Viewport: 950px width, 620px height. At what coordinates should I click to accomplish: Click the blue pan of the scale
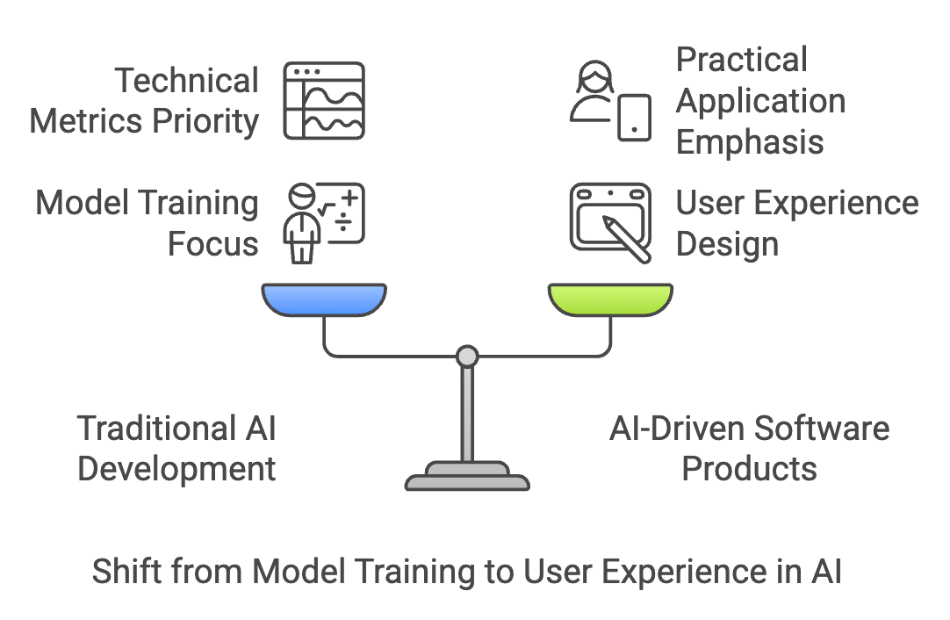point(324,299)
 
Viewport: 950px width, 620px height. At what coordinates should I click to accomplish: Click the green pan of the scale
point(610,299)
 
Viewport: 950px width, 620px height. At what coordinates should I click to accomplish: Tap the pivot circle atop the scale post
point(468,356)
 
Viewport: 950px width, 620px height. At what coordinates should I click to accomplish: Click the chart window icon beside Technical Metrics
point(324,100)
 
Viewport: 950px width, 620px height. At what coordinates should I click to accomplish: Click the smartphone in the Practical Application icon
point(634,117)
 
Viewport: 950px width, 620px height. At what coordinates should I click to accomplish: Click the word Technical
point(187,81)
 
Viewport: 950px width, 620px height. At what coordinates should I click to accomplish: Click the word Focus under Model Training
point(213,243)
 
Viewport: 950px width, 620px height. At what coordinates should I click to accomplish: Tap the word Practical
point(741,61)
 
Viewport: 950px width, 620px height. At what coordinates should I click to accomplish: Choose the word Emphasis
point(750,141)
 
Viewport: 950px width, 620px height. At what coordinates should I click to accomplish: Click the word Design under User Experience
point(727,243)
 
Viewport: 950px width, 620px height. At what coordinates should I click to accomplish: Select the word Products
point(749,468)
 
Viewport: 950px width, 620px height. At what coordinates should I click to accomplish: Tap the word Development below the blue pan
point(176,468)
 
